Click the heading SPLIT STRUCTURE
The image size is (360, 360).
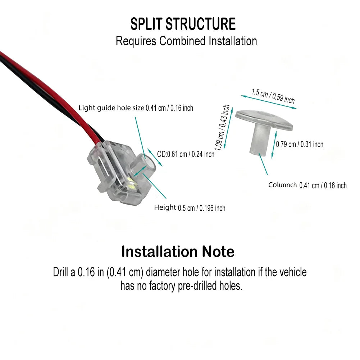pyautogui.click(x=183, y=24)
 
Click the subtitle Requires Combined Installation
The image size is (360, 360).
pyautogui.click(x=186, y=41)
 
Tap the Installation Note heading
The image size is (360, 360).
pyautogui.click(x=178, y=252)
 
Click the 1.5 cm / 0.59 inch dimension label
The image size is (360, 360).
pyautogui.click(x=273, y=96)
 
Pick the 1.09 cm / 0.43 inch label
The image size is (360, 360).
pyautogui.click(x=222, y=128)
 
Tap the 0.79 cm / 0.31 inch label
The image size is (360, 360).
pyautogui.click(x=300, y=145)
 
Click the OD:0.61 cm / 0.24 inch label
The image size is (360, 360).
pyautogui.click(x=186, y=154)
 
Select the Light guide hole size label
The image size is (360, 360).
pyautogui.click(x=136, y=108)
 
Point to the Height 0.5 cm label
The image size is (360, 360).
pyautogui.click(x=190, y=208)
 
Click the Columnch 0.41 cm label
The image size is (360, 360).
pyautogui.click(x=307, y=185)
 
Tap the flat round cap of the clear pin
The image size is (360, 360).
pyautogui.click(x=264, y=119)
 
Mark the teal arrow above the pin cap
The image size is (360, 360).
pyautogui.click(x=269, y=102)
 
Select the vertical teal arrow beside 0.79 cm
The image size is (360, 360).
pyautogui.click(x=274, y=145)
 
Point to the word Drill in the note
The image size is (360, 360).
pyautogui.click(x=61, y=272)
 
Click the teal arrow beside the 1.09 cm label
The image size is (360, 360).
pyautogui.click(x=228, y=128)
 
